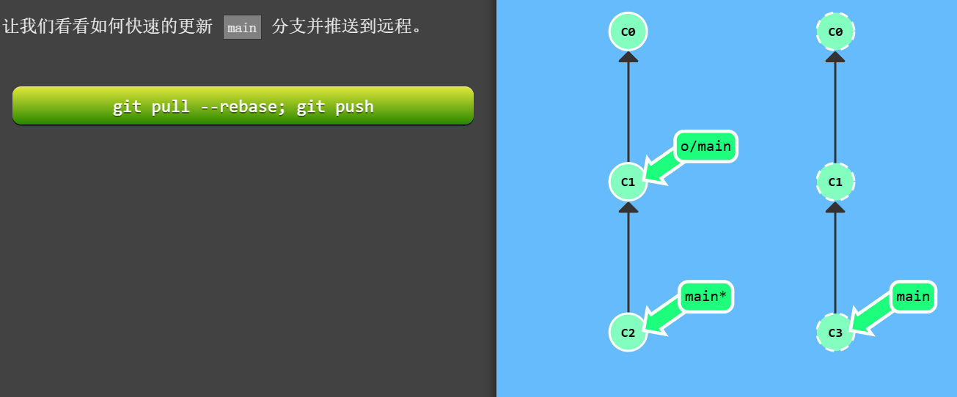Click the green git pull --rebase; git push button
(x=243, y=106)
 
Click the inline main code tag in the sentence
(x=242, y=28)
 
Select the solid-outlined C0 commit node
(x=628, y=31)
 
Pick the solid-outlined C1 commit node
(x=628, y=182)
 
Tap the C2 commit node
(x=628, y=332)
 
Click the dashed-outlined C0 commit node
(x=835, y=31)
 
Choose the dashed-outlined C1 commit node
(x=835, y=182)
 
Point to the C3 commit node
(x=835, y=332)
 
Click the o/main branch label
(x=705, y=146)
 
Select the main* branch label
(x=705, y=297)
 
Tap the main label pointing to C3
(x=913, y=297)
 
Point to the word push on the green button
(x=354, y=107)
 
